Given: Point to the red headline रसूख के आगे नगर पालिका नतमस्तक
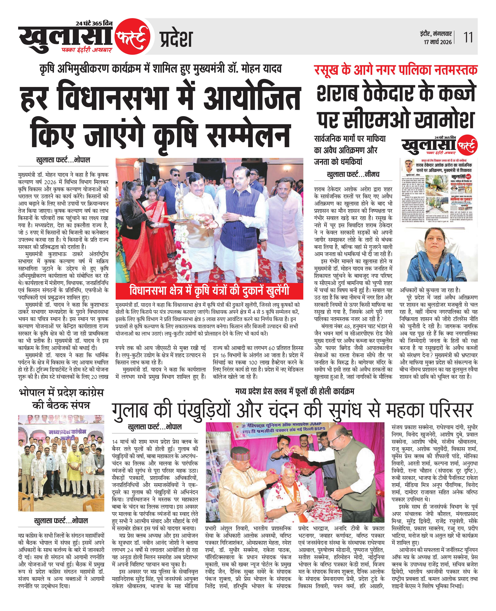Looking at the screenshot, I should (396, 69).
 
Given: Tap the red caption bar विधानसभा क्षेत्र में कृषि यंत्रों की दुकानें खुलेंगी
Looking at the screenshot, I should (209, 290).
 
